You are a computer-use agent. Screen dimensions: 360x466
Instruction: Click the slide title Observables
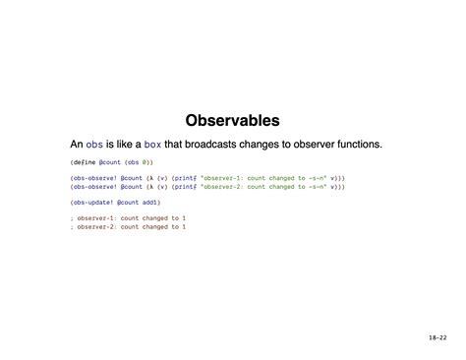pyautogui.click(x=232, y=120)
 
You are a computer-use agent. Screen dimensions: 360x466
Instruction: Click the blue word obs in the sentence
pyautogui.click(x=94, y=145)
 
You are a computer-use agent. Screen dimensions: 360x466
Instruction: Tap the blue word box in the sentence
pyautogui.click(x=152, y=145)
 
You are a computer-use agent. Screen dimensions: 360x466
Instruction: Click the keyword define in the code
pyautogui.click(x=84, y=160)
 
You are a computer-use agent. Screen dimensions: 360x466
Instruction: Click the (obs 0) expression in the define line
pyautogui.click(x=139, y=160)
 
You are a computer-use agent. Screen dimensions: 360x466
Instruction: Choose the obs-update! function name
pyautogui.click(x=92, y=202)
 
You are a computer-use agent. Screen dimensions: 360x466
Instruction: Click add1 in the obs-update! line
pyautogui.click(x=150, y=202)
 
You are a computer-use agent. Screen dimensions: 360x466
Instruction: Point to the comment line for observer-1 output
pyautogui.click(x=128, y=217)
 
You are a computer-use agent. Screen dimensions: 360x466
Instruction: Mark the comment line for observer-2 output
pyautogui.click(x=128, y=226)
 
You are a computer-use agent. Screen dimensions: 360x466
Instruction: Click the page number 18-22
pyautogui.click(x=437, y=337)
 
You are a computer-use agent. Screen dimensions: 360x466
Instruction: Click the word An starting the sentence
pyautogui.click(x=77, y=145)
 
